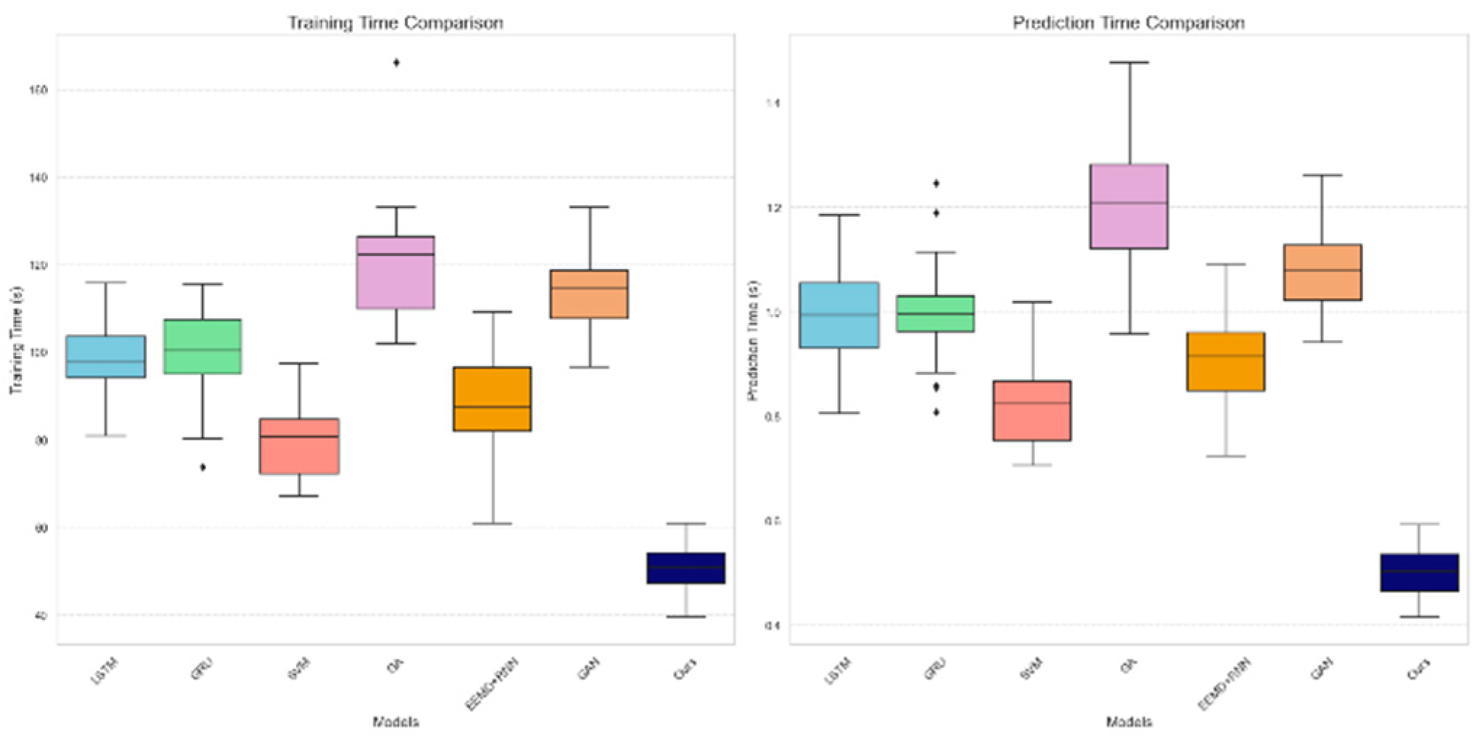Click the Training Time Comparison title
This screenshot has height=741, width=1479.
click(395, 23)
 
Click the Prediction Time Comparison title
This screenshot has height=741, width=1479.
click(1129, 23)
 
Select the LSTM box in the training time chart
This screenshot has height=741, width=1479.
click(106, 356)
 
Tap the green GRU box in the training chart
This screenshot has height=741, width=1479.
click(202, 347)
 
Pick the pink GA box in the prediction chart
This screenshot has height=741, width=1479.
click(1129, 207)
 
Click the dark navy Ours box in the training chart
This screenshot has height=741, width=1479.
click(685, 568)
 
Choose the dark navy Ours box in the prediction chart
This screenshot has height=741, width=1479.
click(1419, 573)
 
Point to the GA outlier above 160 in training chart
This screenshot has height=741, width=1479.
click(396, 62)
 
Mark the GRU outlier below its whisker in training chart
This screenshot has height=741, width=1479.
click(203, 468)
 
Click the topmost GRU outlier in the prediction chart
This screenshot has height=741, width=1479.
click(936, 183)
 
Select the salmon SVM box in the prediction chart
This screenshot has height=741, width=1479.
click(1032, 410)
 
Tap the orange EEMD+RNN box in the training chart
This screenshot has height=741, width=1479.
click(493, 399)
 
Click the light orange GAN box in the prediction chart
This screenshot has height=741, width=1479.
click(1322, 272)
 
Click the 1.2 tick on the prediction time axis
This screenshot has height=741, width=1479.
click(772, 208)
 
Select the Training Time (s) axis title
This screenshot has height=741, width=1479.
click(16, 341)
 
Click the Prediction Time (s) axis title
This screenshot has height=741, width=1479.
click(752, 341)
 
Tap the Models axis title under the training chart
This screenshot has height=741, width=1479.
click(395, 721)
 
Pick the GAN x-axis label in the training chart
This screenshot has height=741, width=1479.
click(588, 671)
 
